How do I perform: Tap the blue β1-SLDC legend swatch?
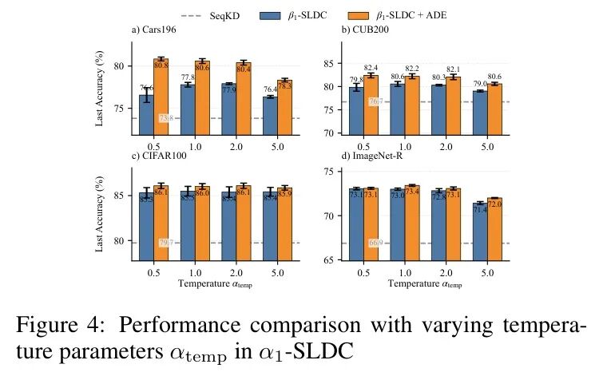pyautogui.click(x=272, y=15)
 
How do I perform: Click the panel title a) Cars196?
pyautogui.click(x=154, y=30)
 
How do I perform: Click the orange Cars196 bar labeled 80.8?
pyautogui.click(x=161, y=96)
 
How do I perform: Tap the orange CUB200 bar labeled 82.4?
pyautogui.click(x=371, y=104)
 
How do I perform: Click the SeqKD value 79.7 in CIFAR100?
pyautogui.click(x=166, y=242)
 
